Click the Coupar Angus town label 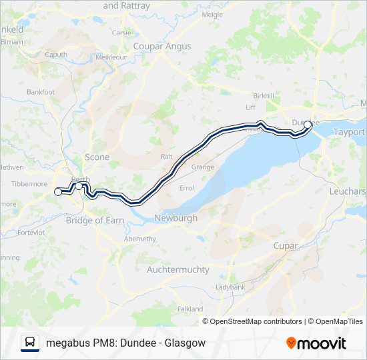coord(162,46)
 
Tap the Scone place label coord(97,157)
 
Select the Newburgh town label coord(175,218)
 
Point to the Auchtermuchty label coord(177,269)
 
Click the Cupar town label coord(286,246)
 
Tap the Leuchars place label coord(347,191)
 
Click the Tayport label coord(349,132)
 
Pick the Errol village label coord(187,188)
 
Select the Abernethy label coord(140,239)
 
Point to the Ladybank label coord(230,287)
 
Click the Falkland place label coord(190,309)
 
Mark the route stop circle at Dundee coord(308,124)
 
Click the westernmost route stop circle coord(57,192)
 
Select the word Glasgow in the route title coord(186,343)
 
